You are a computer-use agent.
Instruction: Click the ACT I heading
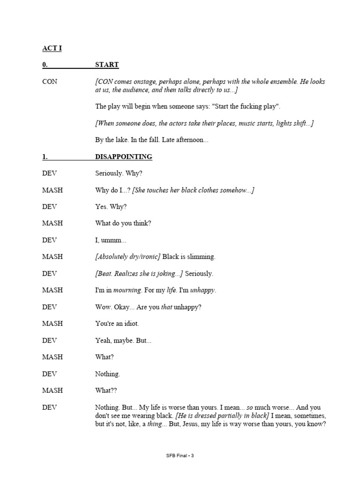[52, 48]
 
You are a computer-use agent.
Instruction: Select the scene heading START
[107, 65]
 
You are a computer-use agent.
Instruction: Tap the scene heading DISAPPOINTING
[123, 157]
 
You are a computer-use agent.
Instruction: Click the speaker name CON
[50, 82]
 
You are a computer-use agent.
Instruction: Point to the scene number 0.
[45, 65]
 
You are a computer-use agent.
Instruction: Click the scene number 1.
[45, 157]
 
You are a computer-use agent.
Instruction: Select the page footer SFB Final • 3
[180, 456]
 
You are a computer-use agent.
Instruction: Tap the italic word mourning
[127, 290]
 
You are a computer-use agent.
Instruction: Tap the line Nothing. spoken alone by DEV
[107, 374]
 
